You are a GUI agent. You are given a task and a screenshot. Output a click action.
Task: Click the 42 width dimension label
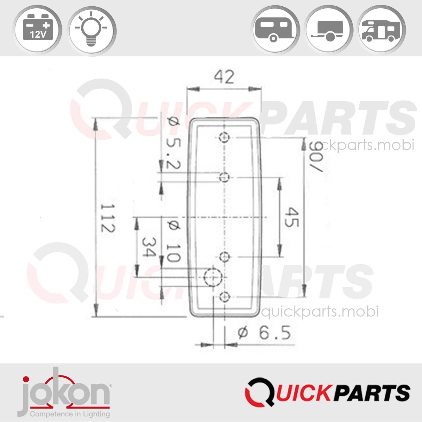pyautogui.click(x=224, y=77)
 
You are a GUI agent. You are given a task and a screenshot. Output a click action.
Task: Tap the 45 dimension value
pyautogui.click(x=291, y=218)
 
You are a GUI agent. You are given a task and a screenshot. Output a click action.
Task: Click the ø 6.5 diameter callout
pyautogui.click(x=264, y=333)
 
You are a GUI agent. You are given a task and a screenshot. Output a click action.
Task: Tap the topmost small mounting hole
pyautogui.click(x=224, y=137)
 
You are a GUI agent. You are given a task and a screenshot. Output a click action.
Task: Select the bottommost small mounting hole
pyautogui.click(x=224, y=297)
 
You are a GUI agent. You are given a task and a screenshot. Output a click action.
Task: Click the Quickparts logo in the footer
pyautogui.click(x=327, y=393)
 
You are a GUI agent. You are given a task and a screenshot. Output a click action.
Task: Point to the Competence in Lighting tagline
pyautogui.click(x=70, y=414)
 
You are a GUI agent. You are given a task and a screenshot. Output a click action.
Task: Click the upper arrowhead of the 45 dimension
pyautogui.click(x=279, y=183)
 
